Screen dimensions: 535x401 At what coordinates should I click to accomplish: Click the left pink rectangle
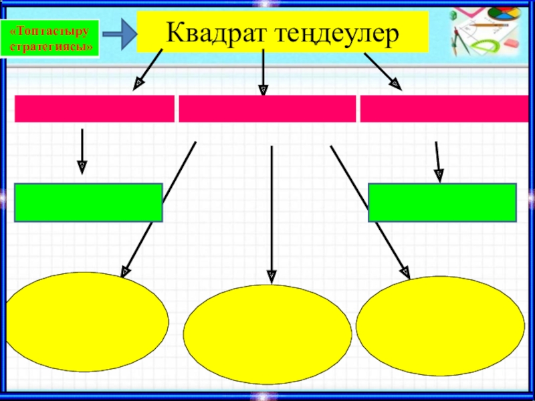pos(94,109)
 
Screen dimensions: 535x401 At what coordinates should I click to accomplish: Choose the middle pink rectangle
pos(267,109)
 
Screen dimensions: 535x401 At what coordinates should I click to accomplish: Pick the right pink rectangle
pos(440,109)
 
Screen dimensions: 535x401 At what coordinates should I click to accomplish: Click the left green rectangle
pos(88,203)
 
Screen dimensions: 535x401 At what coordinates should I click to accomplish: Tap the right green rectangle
pos(442,203)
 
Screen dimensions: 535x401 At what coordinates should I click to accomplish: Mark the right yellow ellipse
pos(441,326)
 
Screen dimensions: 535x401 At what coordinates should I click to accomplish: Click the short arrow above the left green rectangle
pos(82,150)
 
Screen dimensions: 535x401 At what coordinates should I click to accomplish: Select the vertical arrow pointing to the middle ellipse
pos(272,214)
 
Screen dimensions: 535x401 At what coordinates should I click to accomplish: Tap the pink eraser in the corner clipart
pos(510,41)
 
